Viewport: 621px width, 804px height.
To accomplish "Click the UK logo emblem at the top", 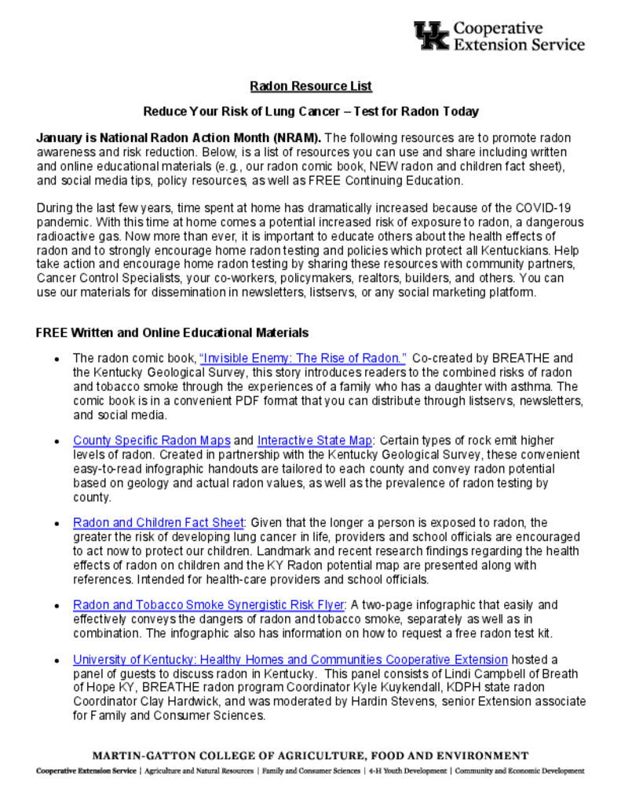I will pos(432,36).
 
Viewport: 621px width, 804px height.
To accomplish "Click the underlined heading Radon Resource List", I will pos(311,86).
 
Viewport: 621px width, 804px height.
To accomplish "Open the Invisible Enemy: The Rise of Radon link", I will pos(303,358).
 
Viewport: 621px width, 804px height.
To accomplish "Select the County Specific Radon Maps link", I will pos(152,440).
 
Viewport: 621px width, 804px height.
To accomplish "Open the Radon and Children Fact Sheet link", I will pos(159,523).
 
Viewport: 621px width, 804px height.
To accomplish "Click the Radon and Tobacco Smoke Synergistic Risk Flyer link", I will pos(209,605).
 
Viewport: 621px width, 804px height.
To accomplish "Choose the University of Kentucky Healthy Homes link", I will pos(290,660).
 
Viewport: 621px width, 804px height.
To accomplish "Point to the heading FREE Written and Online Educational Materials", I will pos(172,333).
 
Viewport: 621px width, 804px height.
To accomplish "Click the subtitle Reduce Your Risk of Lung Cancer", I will pos(311,111).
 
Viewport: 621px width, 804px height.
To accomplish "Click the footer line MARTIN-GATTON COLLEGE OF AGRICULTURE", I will pos(311,755).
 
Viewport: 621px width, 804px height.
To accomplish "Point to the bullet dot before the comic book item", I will pos(57,359).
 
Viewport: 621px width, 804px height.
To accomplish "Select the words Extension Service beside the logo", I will pos(519,45).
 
